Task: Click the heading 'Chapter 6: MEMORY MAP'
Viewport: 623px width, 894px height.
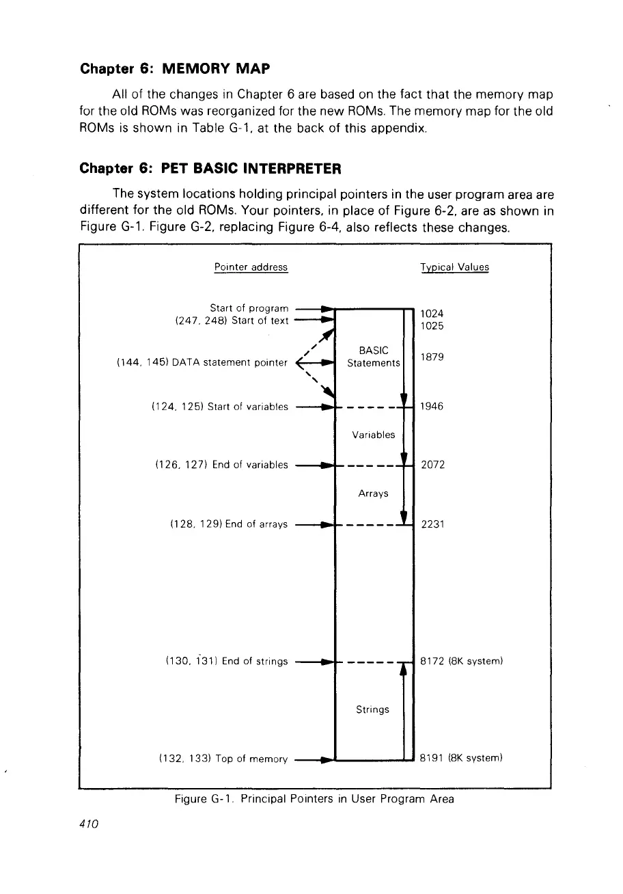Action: [x=176, y=69]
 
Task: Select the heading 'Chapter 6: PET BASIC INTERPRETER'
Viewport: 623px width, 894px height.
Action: [x=210, y=168]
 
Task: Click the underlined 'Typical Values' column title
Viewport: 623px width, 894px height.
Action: [x=454, y=267]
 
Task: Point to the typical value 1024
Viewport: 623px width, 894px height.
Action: [x=432, y=314]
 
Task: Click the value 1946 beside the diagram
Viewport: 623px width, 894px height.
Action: [x=432, y=407]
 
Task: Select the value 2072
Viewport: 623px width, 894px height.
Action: [x=432, y=465]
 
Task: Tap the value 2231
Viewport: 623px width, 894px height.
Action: [x=432, y=524]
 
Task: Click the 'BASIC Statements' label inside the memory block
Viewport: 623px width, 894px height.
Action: [x=373, y=357]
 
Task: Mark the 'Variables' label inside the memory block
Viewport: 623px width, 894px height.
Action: [x=373, y=435]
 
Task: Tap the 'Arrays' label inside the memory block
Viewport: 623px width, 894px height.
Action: [x=373, y=493]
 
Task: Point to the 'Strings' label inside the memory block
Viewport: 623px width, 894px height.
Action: [x=373, y=709]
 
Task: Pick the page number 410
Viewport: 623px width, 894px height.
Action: [x=90, y=824]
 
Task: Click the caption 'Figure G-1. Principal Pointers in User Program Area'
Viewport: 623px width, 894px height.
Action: [x=314, y=798]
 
